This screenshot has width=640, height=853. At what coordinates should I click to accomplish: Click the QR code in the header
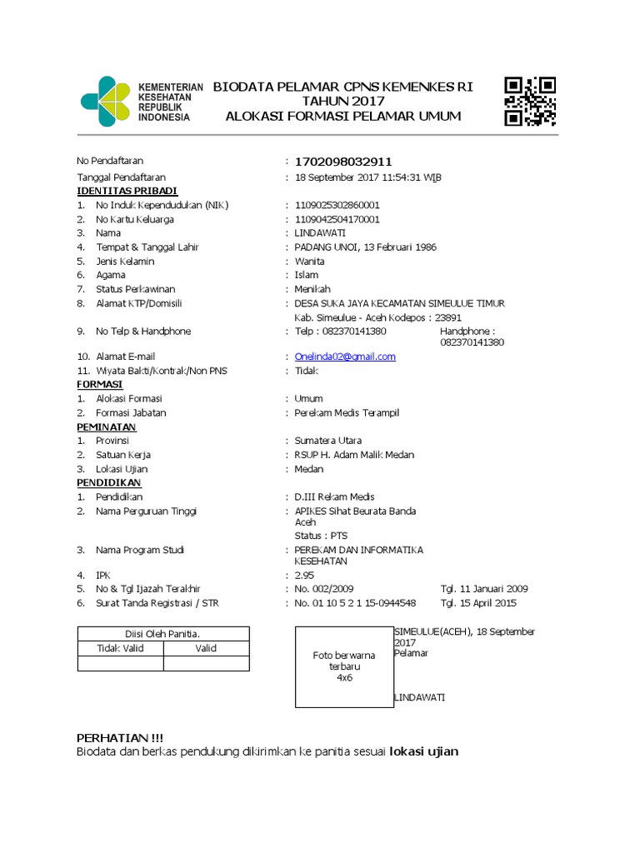click(530, 101)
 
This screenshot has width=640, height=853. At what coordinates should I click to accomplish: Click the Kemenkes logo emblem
click(105, 102)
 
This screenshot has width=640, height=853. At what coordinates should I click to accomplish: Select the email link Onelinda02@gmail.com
click(345, 357)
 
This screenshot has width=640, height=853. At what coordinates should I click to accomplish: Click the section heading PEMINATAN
click(106, 426)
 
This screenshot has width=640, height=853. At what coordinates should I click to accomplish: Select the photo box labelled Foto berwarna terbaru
click(344, 666)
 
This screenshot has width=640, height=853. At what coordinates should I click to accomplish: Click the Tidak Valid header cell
click(120, 648)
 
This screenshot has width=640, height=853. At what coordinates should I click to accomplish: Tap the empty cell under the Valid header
click(206, 663)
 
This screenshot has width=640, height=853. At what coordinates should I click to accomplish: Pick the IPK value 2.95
click(304, 575)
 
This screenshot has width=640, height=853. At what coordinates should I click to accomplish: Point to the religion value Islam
click(306, 275)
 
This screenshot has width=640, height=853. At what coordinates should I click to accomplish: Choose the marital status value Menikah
click(312, 289)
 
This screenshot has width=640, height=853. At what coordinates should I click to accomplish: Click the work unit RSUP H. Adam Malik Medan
click(354, 455)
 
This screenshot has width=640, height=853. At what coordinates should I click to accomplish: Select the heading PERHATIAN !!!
click(120, 738)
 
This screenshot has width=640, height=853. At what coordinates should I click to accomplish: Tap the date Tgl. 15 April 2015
click(478, 603)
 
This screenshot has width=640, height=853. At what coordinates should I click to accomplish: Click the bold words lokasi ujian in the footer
click(424, 751)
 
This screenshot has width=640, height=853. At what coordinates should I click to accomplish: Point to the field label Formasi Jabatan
click(131, 412)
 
